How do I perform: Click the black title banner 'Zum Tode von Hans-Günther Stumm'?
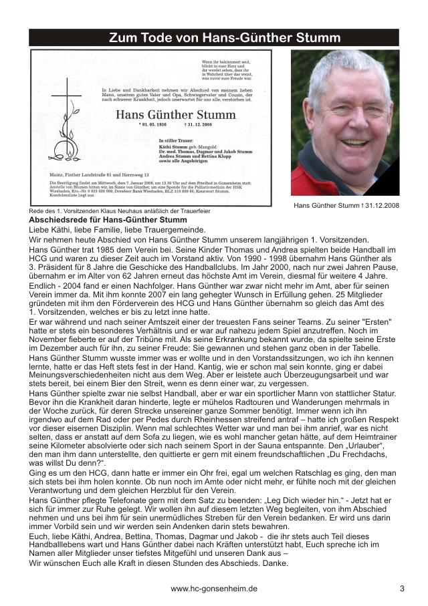[215, 38]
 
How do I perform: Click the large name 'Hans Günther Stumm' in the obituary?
[176, 115]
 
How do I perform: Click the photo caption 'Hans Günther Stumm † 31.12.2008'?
[346, 205]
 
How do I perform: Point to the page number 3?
[402, 589]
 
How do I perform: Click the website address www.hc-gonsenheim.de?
[214, 589]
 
